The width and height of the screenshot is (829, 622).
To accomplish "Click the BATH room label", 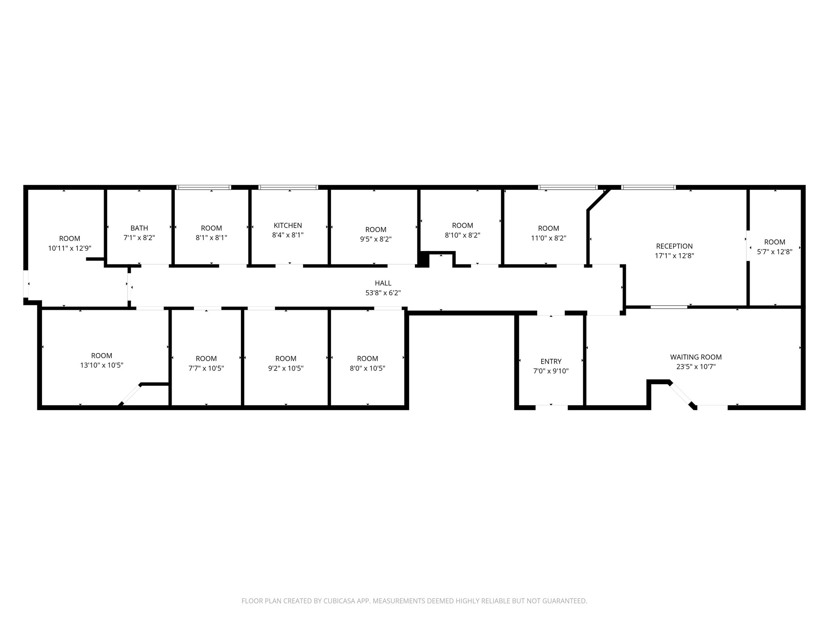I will (139, 228).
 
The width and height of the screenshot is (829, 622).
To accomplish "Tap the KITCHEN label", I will (287, 225).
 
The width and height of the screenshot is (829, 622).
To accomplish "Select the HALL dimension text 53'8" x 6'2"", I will (383, 293).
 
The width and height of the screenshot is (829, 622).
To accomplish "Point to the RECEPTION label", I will (674, 246).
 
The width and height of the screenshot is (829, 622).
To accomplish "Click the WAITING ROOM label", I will (695, 357).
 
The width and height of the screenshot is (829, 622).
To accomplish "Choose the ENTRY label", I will (551, 361).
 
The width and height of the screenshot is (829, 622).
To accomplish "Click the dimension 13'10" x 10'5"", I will (102, 365).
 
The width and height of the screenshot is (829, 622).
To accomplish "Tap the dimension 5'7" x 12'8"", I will (774, 251).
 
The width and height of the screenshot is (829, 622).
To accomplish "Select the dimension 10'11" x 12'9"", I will (70, 248).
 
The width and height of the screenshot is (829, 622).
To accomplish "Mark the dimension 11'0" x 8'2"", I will (548, 238).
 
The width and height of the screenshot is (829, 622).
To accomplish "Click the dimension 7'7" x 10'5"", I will (206, 368).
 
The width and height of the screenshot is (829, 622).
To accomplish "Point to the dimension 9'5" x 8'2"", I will (375, 239).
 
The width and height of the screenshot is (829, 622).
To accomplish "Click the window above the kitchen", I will (288, 187).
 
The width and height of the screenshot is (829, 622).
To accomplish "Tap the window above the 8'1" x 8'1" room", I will (204, 187).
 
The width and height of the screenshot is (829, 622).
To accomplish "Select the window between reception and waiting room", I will (669, 307).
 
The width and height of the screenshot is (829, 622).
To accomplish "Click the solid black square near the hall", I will (423, 259).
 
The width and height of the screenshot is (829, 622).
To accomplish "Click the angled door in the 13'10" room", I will (130, 394).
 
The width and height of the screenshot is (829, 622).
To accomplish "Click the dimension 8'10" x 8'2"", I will (462, 235).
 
